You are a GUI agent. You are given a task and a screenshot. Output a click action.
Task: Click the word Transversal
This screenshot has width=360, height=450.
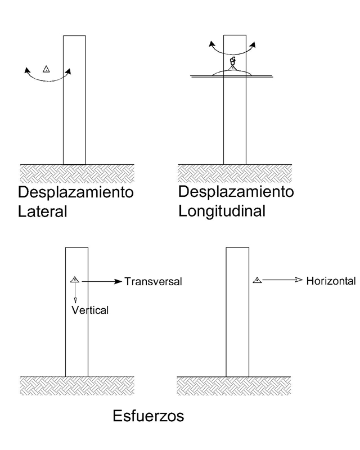(x=153, y=281)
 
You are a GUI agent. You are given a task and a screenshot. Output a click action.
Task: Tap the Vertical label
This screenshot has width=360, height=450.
(x=89, y=310)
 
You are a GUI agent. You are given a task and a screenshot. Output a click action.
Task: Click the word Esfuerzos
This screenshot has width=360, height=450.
(x=148, y=417)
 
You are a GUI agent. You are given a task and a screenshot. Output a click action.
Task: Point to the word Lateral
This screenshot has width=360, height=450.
(x=43, y=212)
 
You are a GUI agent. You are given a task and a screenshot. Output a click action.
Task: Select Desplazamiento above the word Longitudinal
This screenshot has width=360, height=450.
(x=236, y=192)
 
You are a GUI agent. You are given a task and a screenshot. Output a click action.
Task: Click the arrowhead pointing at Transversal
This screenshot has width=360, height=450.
(x=118, y=281)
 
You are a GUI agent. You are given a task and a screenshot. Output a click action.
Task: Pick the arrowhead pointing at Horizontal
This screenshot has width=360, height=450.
(x=299, y=280)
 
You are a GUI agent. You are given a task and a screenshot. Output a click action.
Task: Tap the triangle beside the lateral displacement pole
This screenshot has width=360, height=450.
(x=47, y=69)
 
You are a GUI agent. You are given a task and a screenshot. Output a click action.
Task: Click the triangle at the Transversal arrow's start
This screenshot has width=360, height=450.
(x=74, y=280)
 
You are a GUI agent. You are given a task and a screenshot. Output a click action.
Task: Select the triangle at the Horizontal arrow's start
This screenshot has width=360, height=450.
(x=256, y=280)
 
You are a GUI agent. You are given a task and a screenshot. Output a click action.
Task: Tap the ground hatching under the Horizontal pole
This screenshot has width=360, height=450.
(x=235, y=385)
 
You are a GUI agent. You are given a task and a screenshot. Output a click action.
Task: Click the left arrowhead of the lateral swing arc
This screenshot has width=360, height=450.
(x=27, y=70)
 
